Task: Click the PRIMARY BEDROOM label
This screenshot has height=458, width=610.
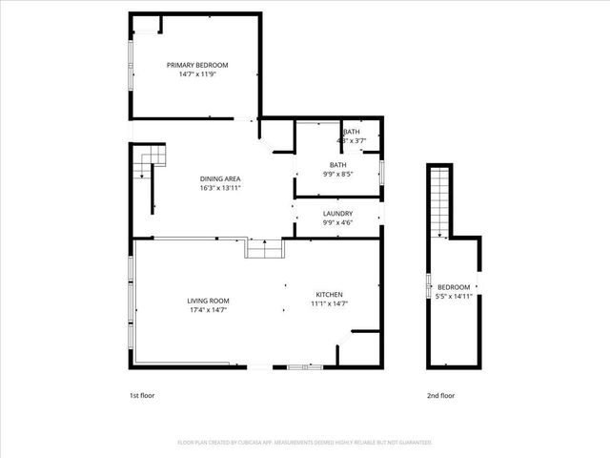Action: (197, 65)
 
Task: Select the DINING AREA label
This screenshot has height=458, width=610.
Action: (219, 179)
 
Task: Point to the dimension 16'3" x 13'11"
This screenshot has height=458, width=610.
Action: (219, 188)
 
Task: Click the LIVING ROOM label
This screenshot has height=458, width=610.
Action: (207, 301)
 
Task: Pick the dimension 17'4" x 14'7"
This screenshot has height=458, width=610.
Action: (207, 309)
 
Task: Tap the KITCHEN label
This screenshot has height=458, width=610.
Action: (329, 295)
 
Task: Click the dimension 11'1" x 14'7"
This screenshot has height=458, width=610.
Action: (329, 303)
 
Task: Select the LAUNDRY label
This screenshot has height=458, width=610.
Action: (337, 214)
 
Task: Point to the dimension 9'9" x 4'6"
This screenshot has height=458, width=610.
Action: (337, 222)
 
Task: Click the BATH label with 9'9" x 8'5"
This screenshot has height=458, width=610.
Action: (337, 165)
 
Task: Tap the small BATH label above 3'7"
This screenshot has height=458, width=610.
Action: (352, 132)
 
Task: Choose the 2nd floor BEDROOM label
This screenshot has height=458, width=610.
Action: (454, 287)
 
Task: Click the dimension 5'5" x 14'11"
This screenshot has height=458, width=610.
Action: (454, 296)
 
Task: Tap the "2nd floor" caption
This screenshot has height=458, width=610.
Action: (440, 394)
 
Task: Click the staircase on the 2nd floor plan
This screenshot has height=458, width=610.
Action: (439, 201)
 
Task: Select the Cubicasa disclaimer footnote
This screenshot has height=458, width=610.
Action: (305, 443)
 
